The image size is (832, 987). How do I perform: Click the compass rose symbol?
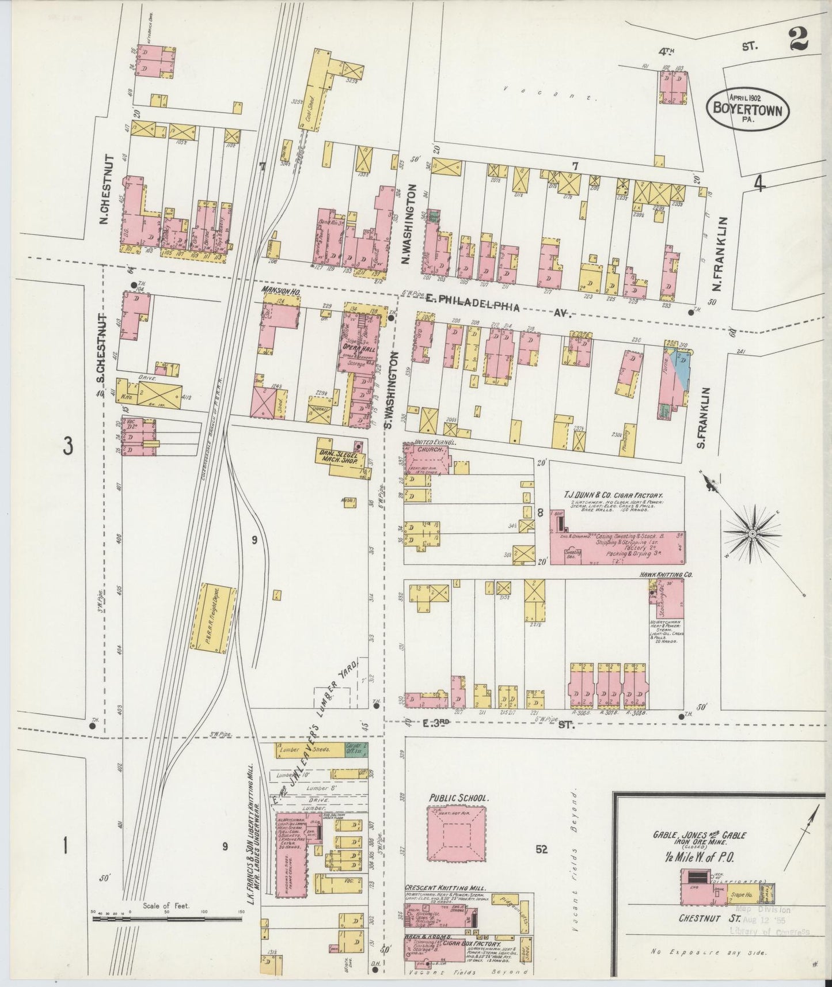(x=751, y=534)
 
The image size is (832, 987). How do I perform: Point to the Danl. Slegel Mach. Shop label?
(x=343, y=458)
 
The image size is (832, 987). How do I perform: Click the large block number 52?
(x=541, y=848)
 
